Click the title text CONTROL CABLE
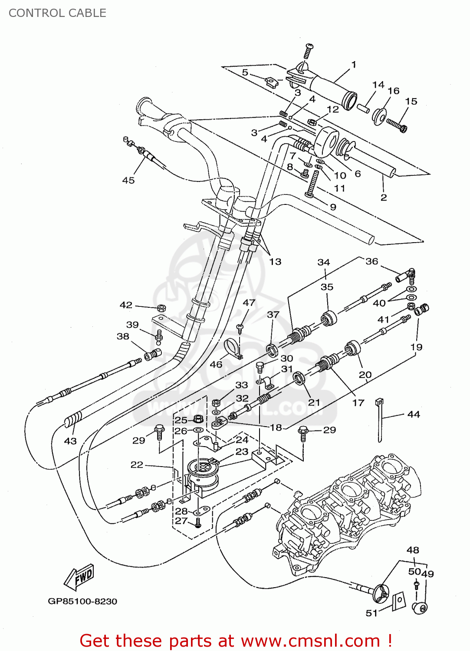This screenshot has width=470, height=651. [x=57, y=13]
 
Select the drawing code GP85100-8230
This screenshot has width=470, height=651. [x=82, y=601]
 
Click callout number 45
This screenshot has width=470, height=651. [x=128, y=180]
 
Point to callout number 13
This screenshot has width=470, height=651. [x=275, y=262]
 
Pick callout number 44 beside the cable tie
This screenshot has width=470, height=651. [x=414, y=414]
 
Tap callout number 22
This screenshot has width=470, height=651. [x=137, y=465]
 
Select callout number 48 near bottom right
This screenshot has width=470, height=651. [x=413, y=550]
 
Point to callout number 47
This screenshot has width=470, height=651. [x=249, y=302]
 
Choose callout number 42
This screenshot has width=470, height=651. [x=126, y=305]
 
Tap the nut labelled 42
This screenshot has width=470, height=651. [x=161, y=308]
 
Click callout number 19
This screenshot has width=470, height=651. [x=416, y=347]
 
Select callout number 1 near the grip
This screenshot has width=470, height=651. [x=354, y=65]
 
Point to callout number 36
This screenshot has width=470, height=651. [x=371, y=261]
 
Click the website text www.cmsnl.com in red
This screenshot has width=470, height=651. [x=310, y=641]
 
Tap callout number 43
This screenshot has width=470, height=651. [x=70, y=441]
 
